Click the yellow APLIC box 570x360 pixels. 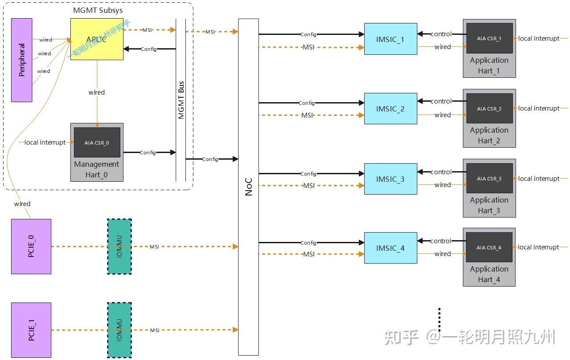tap(96, 39)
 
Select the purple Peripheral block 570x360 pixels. tap(22, 60)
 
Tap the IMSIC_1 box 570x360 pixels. tap(391, 39)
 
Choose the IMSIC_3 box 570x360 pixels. tap(391, 179)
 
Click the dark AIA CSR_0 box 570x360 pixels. tap(97, 142)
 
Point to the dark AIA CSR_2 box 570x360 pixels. tap(489, 108)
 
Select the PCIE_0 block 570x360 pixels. tap(31, 246)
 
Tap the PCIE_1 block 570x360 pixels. tap(31, 330)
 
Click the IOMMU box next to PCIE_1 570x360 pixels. tap(119, 330)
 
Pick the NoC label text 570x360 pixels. tap(249, 187)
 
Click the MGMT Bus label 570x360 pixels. tap(181, 100)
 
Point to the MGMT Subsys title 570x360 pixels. tap(98, 10)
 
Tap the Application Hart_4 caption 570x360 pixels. tap(489, 274)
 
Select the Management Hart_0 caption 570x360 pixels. tap(96, 169)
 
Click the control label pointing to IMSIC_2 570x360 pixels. tap(441, 101)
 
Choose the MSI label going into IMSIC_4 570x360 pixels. tap(309, 254)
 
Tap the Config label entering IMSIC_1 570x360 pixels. tap(308, 34)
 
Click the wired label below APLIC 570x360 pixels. tap(96, 92)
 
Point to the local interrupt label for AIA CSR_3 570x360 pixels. tap(539, 179)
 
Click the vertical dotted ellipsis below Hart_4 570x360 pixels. tap(439, 319)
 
